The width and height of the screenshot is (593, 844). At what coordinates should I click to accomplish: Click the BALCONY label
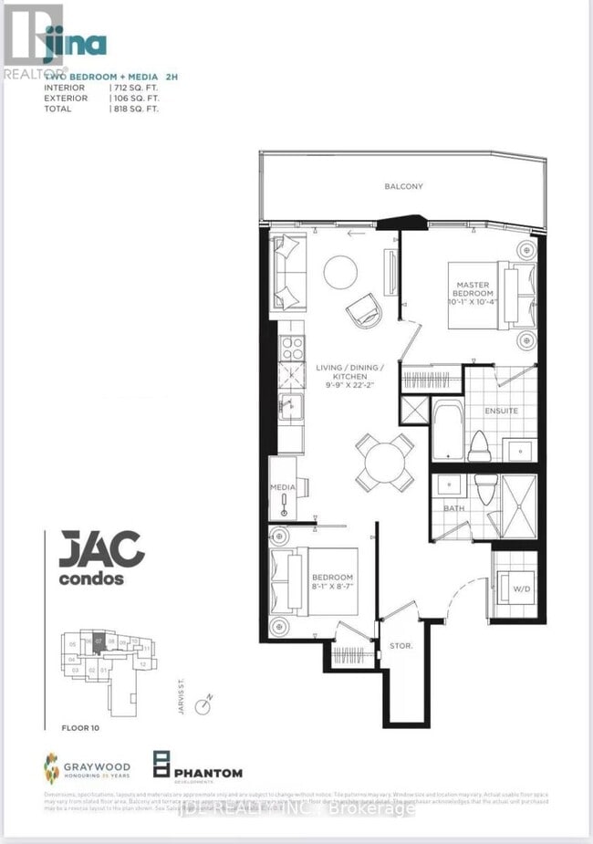coord(402,186)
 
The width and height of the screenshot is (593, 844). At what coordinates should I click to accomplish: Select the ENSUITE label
coord(501,411)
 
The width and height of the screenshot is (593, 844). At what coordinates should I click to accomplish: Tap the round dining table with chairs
coord(383,462)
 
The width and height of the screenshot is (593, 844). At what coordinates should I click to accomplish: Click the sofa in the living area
coord(290,272)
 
